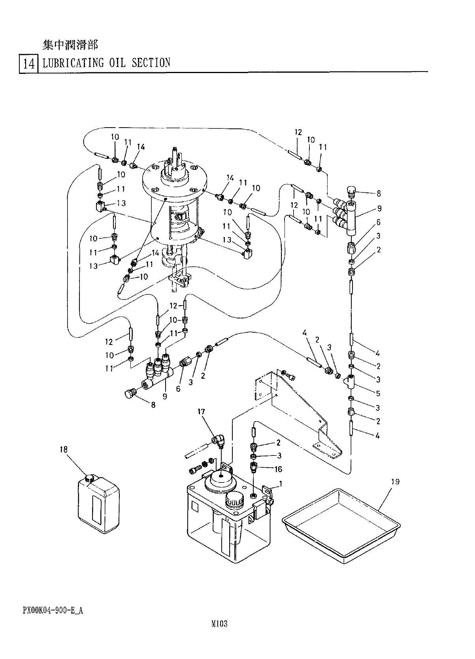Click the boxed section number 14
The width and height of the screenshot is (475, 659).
pos(29,64)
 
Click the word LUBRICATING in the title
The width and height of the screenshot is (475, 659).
pos(73,63)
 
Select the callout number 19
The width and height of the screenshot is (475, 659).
pos(395,482)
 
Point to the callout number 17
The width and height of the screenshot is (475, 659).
pos(201,412)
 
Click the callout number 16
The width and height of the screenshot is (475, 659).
pos(279,469)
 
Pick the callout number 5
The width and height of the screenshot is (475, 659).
pos(378,394)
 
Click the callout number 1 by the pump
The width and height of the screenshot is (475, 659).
pos(280,483)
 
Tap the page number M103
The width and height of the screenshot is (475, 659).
pos(220,625)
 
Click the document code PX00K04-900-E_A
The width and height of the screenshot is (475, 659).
pos(53,610)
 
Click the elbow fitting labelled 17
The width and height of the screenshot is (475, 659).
pos(219,440)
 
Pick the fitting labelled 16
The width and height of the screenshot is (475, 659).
pos(253,469)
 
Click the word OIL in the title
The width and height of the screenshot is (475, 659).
pos(117,63)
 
